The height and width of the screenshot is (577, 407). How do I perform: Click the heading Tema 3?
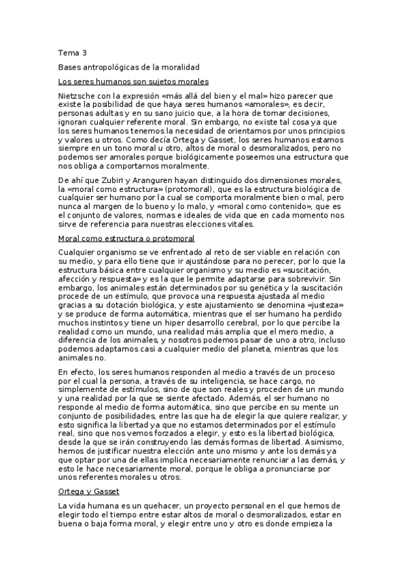pyautogui.click(x=72, y=52)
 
